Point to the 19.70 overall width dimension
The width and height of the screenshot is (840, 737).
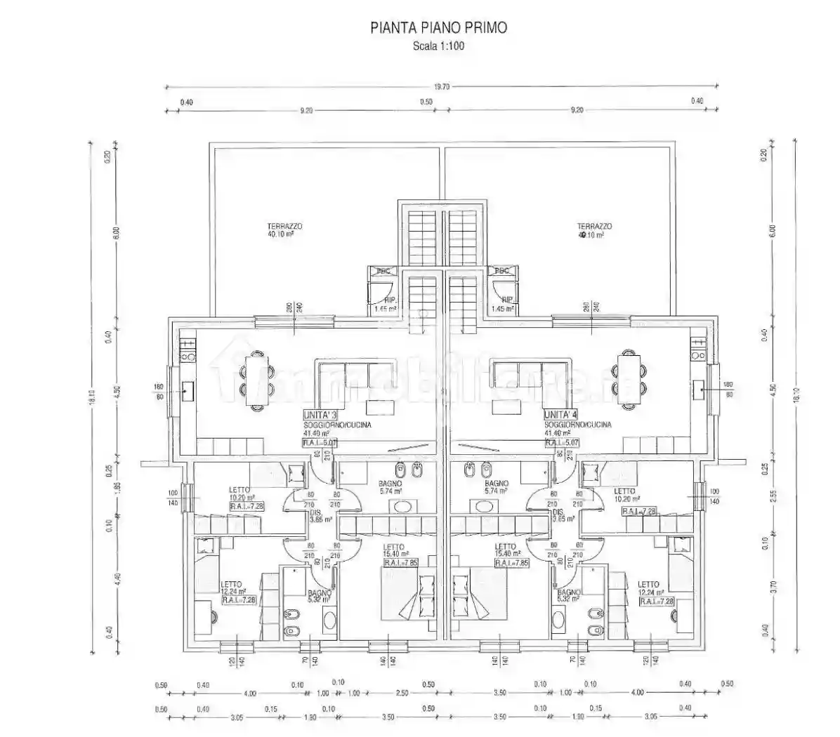click(x=441, y=87)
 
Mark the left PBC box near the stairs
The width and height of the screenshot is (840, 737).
click(x=383, y=271)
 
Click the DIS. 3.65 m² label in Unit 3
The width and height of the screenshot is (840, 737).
click(x=320, y=516)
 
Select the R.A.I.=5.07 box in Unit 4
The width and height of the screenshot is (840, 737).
click(x=562, y=443)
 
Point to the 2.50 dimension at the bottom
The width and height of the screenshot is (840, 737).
click(x=401, y=693)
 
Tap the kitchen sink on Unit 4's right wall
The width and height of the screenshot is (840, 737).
click(x=698, y=388)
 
